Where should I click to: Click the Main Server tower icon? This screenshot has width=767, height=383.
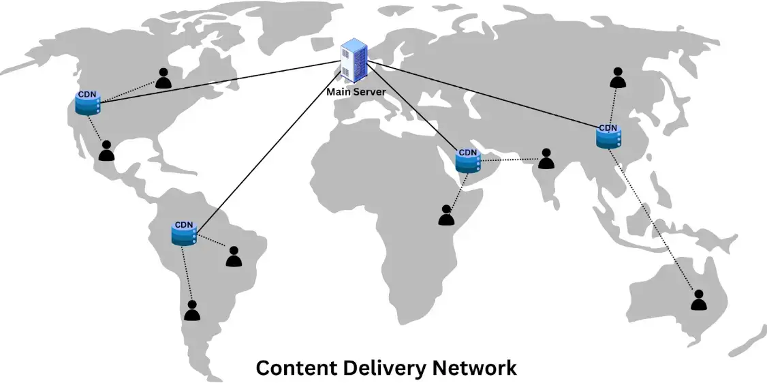[x=354, y=61]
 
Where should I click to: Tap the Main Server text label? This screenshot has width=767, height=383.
[x=356, y=91]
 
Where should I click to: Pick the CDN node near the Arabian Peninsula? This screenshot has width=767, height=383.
[x=468, y=161]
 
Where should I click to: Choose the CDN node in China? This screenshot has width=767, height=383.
[x=608, y=136]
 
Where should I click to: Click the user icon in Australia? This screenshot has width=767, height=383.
[x=699, y=300]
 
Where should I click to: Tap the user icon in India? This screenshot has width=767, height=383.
[x=546, y=159]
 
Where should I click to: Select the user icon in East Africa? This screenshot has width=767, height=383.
[x=446, y=215]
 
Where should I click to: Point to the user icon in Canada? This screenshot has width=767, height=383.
[x=163, y=78]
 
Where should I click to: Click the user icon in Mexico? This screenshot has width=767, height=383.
[x=106, y=151]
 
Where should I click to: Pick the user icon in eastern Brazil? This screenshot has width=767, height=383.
[x=234, y=257]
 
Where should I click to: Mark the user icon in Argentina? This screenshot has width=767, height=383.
[x=192, y=311]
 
